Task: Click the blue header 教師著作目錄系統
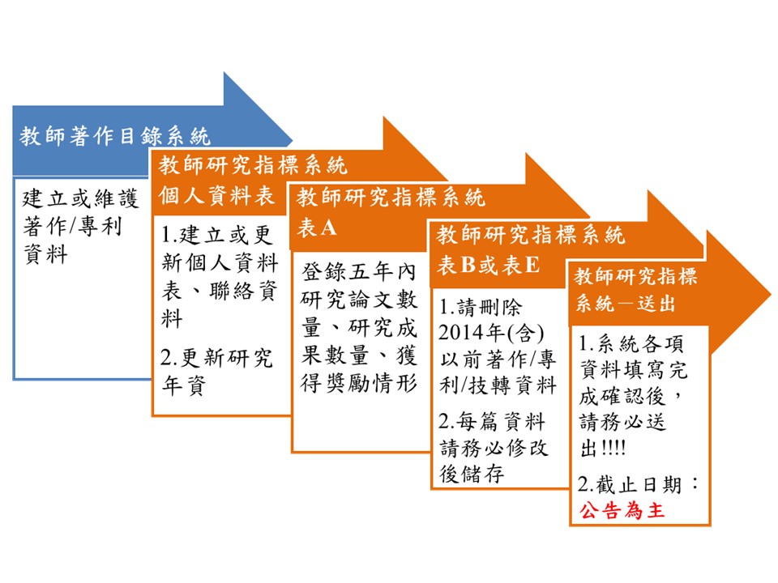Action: [x=115, y=136]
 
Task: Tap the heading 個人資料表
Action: [x=216, y=195]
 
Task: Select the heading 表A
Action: [x=317, y=228]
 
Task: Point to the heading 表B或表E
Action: [x=488, y=265]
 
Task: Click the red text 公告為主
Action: [x=622, y=509]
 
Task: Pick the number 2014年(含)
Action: [x=491, y=332]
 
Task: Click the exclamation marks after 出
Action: [x=613, y=449]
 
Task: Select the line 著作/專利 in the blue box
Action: [x=72, y=227]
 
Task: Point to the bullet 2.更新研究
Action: [x=216, y=358]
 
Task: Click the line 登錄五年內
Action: [x=358, y=272]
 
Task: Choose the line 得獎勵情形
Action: [x=358, y=383]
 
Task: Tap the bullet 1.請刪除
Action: [x=481, y=308]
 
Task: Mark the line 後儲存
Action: [x=472, y=474]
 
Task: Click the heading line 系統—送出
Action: [x=625, y=303]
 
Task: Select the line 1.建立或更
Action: [x=217, y=235]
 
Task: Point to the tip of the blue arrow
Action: [x=293, y=140]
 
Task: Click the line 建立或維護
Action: [x=80, y=198]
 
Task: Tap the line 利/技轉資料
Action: [x=498, y=385]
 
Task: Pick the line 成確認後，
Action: [x=631, y=396]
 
